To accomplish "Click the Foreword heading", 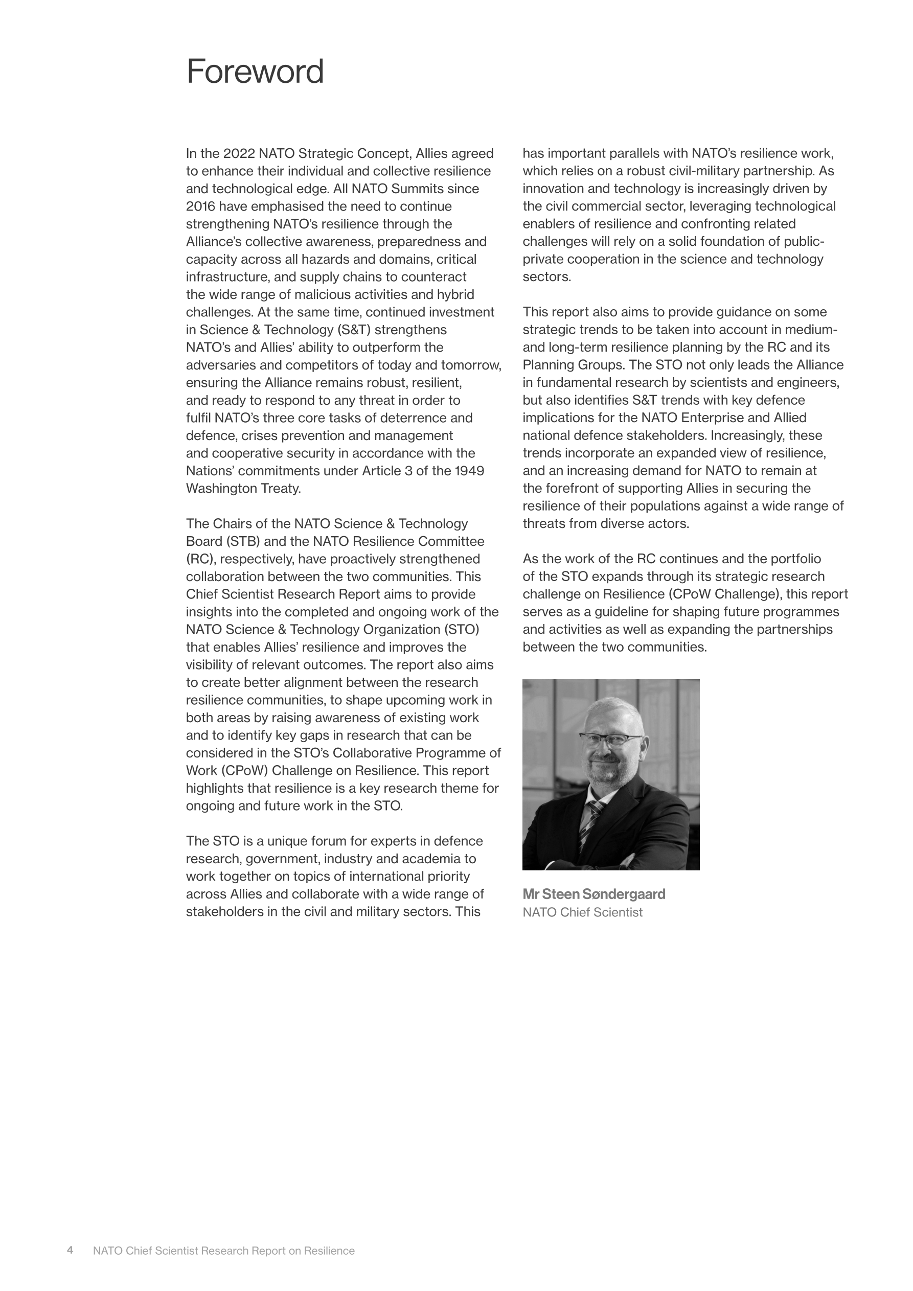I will click(255, 72).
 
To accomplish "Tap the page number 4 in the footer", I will click(71, 1250).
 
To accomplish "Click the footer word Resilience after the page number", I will click(329, 1251).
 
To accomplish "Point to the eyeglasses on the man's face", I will click(610, 740).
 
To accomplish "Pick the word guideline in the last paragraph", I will click(623, 612).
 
